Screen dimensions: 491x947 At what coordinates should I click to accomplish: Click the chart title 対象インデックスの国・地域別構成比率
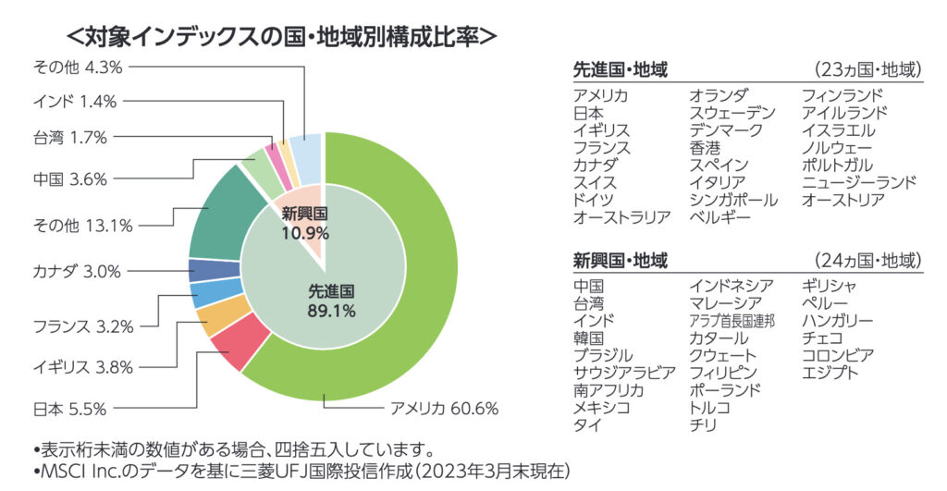coord(283,36)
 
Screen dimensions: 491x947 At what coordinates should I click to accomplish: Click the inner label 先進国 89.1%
coord(331,301)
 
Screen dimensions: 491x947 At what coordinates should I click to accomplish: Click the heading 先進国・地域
coord(621,69)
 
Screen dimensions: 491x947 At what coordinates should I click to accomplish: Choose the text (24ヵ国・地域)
coord(867,260)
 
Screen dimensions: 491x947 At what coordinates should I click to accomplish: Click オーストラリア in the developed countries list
coord(621,218)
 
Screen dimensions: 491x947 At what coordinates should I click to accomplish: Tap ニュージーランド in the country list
coord(859,183)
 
